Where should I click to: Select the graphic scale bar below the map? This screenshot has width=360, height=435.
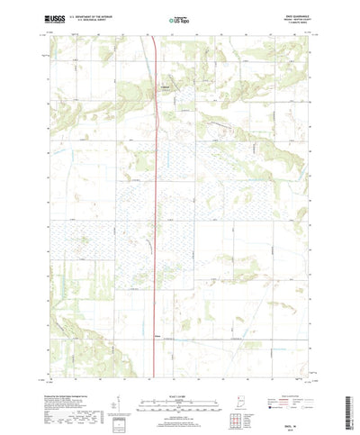point(177,379)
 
